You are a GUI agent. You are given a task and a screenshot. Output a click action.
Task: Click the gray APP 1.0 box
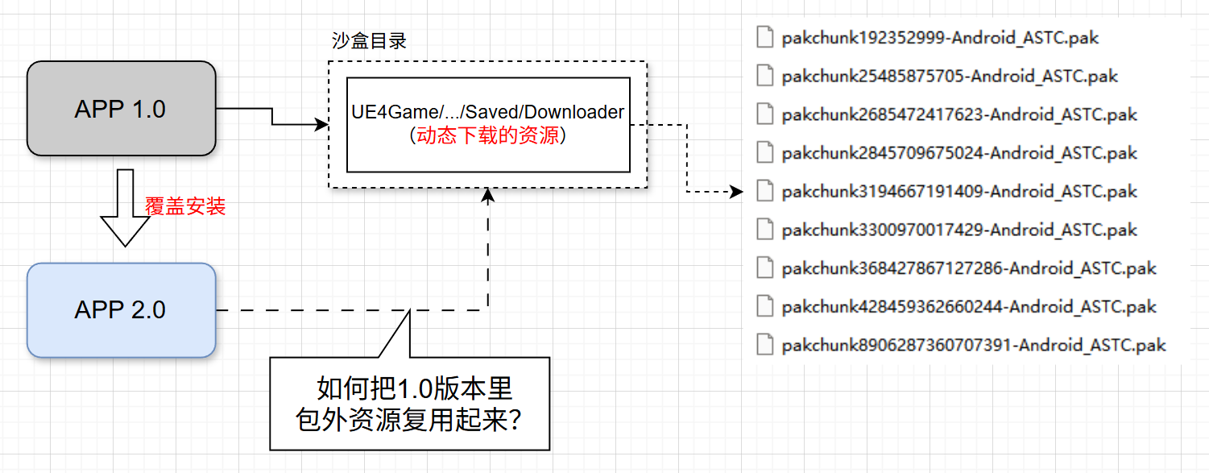click(x=121, y=109)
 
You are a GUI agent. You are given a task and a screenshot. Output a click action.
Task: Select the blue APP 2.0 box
click(x=121, y=309)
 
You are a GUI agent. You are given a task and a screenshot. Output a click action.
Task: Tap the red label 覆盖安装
click(x=185, y=206)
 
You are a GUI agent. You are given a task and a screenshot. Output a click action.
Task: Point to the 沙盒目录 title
click(x=369, y=41)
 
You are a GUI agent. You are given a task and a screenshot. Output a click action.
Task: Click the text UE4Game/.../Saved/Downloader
click(x=488, y=113)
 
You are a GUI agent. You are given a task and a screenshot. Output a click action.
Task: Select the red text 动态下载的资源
click(x=488, y=135)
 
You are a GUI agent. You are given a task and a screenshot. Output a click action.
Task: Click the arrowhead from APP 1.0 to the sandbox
click(x=323, y=125)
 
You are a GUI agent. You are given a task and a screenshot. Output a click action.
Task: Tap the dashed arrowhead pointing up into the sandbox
click(x=487, y=194)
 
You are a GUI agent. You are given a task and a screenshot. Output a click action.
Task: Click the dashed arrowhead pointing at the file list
click(x=736, y=192)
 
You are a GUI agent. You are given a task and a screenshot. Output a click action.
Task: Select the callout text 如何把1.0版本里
click(x=414, y=389)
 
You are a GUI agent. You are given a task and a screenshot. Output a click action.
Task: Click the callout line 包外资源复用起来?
click(x=408, y=420)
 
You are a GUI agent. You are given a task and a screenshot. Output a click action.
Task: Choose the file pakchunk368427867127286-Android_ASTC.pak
click(x=969, y=268)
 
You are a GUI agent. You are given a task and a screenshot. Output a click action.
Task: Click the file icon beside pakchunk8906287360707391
click(x=765, y=345)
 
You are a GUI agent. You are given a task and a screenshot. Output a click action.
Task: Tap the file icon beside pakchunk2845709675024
click(x=765, y=153)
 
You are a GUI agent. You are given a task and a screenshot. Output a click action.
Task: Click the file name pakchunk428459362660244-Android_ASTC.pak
click(x=969, y=307)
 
